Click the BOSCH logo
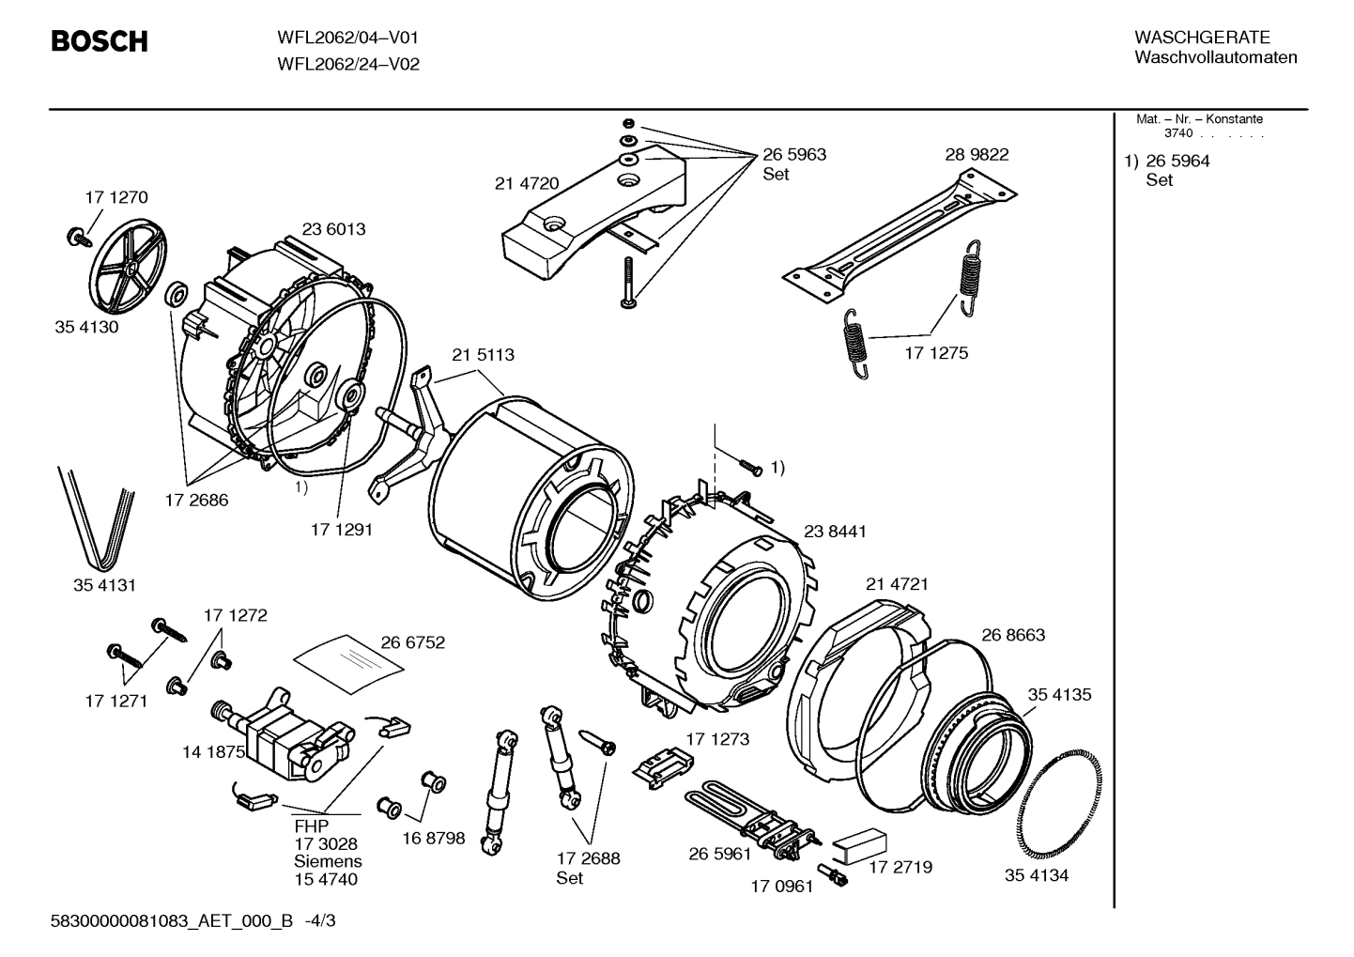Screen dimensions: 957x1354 [99, 42]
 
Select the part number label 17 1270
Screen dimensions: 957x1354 [115, 197]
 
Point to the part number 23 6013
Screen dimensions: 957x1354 [333, 229]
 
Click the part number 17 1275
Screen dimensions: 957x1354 [936, 353]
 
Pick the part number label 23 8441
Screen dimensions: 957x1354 [835, 532]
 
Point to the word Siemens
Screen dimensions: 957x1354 [328, 861]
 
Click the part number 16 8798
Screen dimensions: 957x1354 [433, 838]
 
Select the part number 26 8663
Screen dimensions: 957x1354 [1013, 635]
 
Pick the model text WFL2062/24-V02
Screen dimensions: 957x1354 [347, 65]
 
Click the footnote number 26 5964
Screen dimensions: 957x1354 [1177, 161]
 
